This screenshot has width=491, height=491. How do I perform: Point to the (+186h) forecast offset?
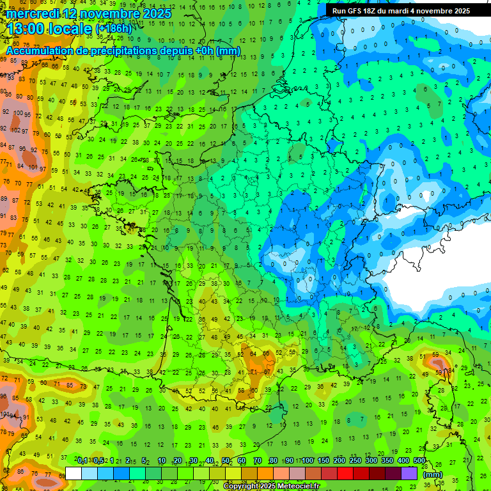click(x=114, y=29)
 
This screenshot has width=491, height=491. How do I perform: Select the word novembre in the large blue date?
click(x=113, y=13)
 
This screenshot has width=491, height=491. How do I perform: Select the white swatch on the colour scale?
click(x=74, y=473)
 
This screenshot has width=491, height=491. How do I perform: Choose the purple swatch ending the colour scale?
click(x=410, y=473)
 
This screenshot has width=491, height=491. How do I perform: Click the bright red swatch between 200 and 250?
click(x=346, y=473)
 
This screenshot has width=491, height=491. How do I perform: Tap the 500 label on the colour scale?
click(x=419, y=461)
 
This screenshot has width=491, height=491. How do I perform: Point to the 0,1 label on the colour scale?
click(x=82, y=461)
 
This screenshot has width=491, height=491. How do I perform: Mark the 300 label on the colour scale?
click(x=371, y=461)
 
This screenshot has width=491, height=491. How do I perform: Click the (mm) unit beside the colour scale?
click(x=433, y=475)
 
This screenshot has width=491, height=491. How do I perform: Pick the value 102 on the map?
click(x=16, y=130)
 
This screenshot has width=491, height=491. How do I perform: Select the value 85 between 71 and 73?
click(x=69, y=385)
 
